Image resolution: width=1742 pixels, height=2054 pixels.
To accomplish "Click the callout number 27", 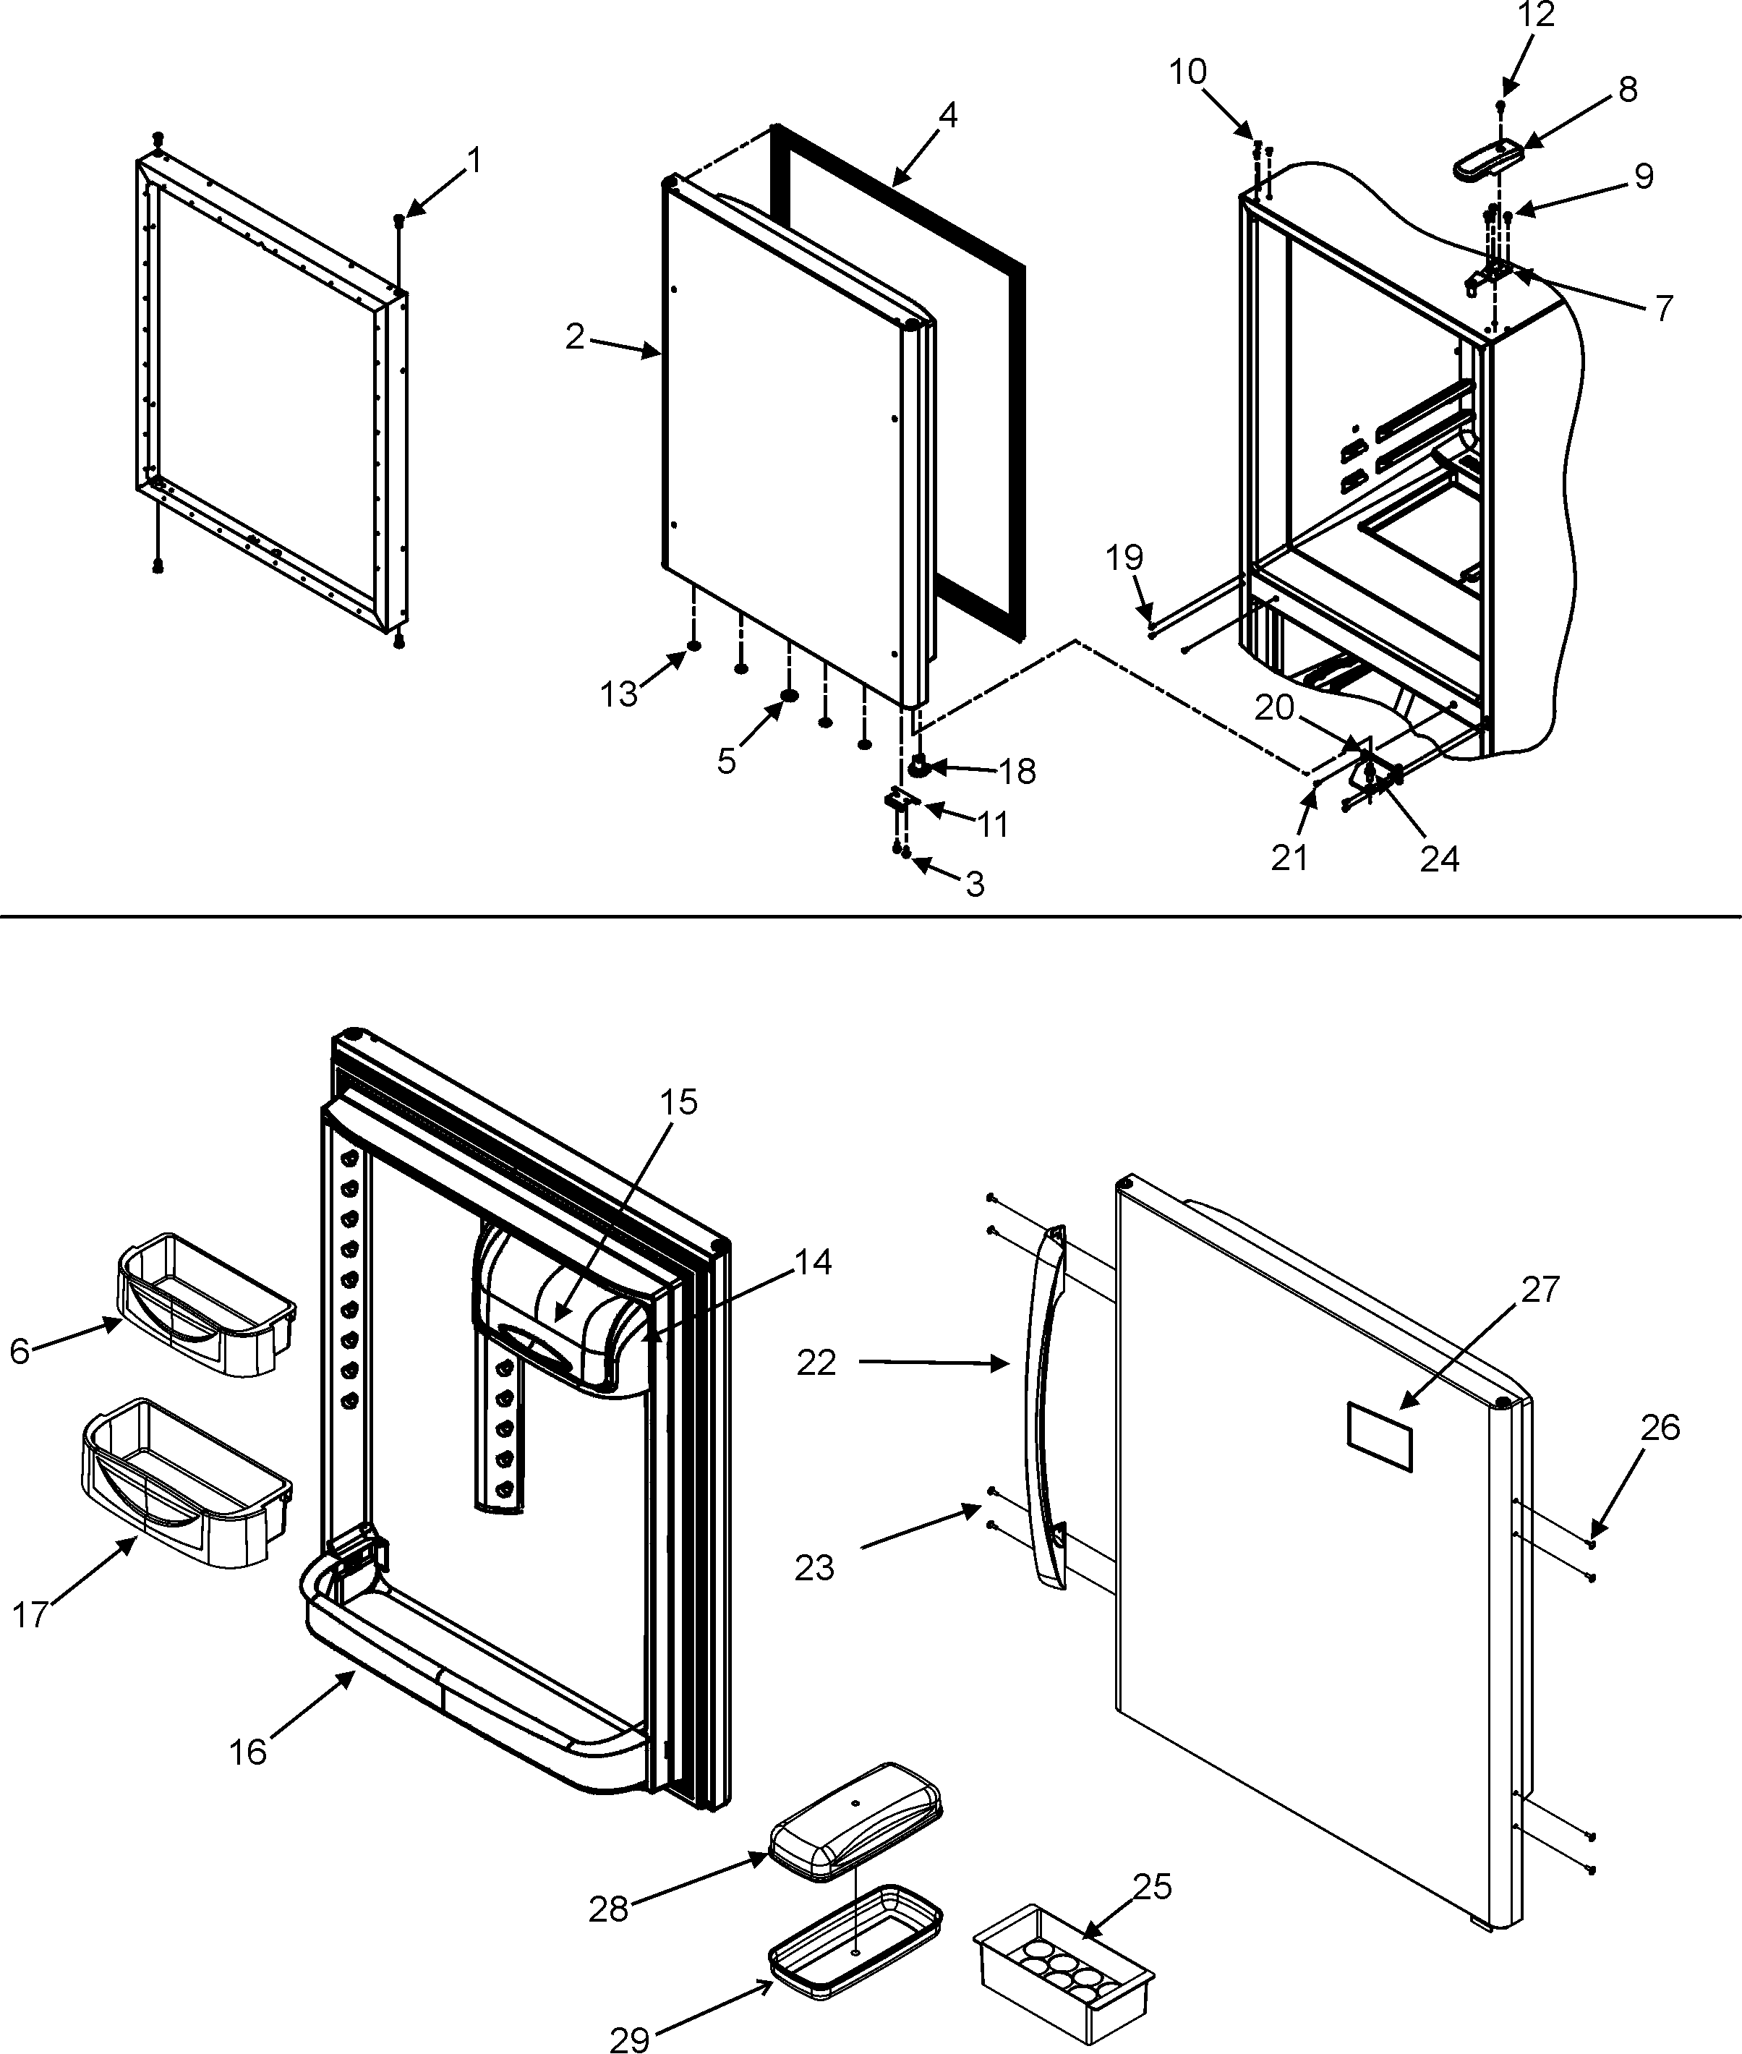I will (x=1540, y=1289).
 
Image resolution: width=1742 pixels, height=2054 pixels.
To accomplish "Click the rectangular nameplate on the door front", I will (x=1380, y=1437).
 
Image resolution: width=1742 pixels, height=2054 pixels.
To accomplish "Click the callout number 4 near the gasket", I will (x=947, y=116).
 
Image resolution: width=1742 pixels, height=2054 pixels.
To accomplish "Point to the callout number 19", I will (x=1124, y=558).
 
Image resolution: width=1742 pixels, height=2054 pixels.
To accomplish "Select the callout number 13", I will (x=619, y=694).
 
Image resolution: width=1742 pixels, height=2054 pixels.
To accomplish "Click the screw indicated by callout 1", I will (x=399, y=219).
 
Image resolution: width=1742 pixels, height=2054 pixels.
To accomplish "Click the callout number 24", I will (x=1439, y=859).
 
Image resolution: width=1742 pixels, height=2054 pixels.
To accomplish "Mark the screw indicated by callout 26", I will (x=1592, y=1543).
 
